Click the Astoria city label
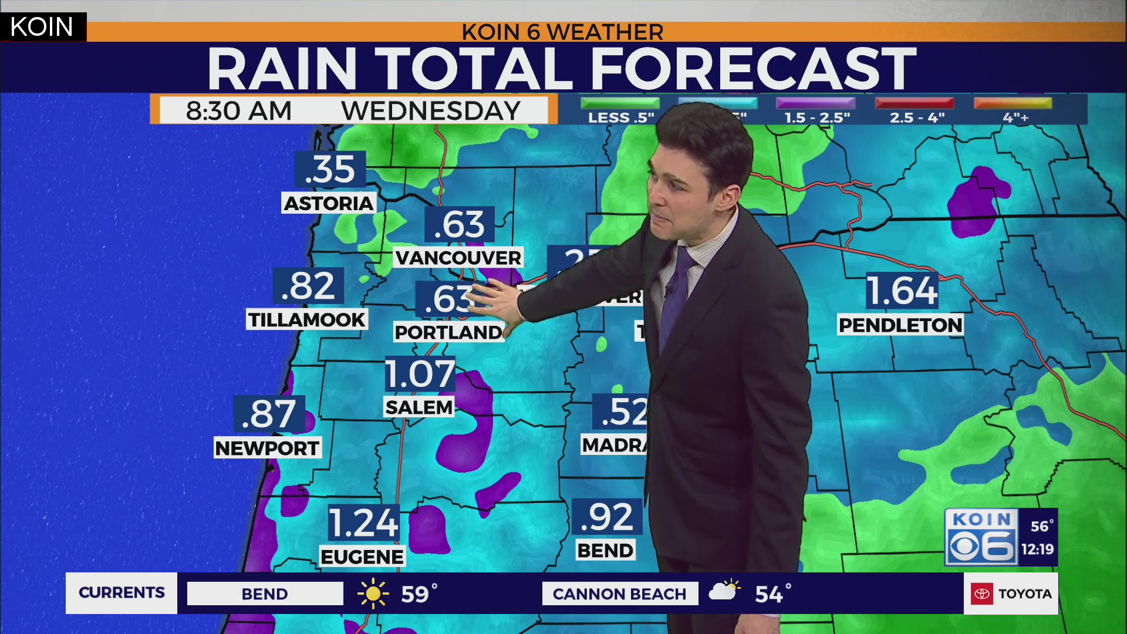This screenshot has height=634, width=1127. [x=329, y=203]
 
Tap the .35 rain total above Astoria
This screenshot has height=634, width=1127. [x=330, y=169]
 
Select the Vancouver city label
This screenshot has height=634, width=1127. [x=458, y=257]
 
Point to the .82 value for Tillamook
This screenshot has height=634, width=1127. [x=308, y=286]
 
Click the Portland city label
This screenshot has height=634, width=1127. [x=448, y=332]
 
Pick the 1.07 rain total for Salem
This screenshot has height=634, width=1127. [x=420, y=374]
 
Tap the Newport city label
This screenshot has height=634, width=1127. [x=267, y=448]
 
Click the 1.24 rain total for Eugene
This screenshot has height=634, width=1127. [x=363, y=523]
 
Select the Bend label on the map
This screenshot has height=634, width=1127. [x=605, y=551]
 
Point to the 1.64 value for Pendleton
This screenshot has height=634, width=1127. [x=902, y=291]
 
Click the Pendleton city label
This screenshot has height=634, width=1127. [x=900, y=325]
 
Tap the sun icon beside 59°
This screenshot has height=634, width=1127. [x=373, y=593]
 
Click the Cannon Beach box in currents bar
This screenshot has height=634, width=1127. [x=619, y=593]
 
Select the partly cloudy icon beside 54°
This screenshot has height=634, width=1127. [x=724, y=590]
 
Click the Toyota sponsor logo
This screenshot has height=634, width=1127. [x=1011, y=593]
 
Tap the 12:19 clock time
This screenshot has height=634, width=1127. [x=1037, y=549]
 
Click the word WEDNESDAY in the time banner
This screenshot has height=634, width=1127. [x=431, y=110]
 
